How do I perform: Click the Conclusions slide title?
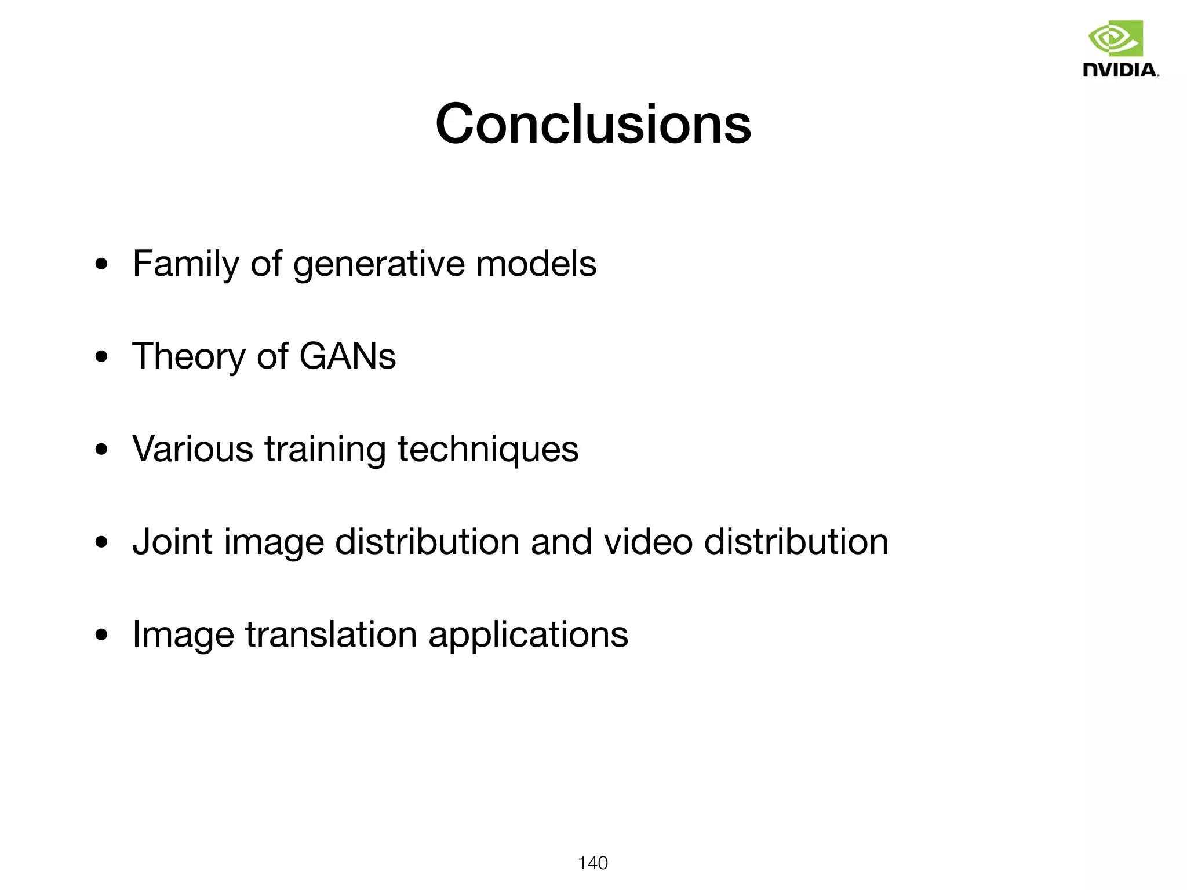(593, 124)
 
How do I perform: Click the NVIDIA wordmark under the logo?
(1121, 70)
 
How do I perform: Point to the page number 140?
(593, 863)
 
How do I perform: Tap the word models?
(536, 264)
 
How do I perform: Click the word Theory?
(188, 356)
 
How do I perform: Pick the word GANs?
(347, 356)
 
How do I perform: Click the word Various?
(192, 448)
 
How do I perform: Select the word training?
(325, 450)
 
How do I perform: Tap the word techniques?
(487, 450)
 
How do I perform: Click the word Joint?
(173, 542)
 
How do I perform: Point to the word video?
(648, 542)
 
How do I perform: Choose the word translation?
(331, 634)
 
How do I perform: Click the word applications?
(528, 635)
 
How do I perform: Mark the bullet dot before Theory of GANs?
(102, 358)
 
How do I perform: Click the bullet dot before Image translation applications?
(102, 636)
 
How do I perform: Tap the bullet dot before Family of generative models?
(102, 265)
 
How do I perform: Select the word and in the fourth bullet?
(561, 542)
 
